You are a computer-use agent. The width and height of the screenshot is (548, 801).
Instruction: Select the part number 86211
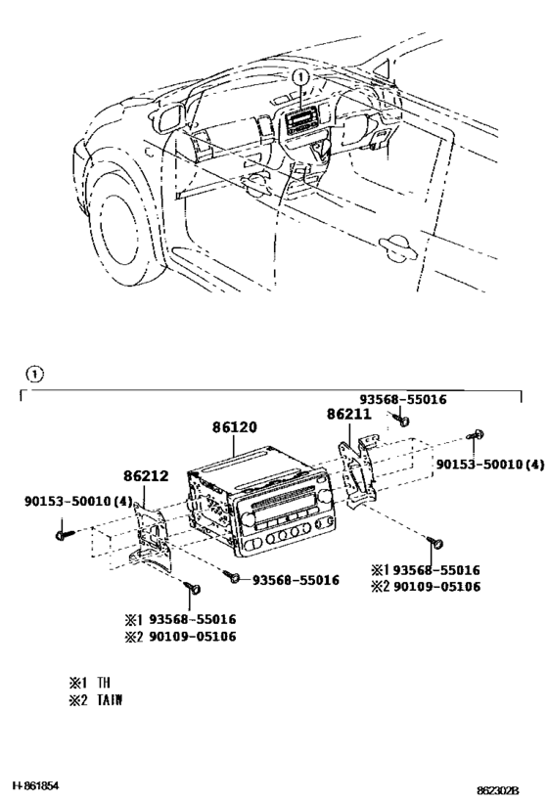tap(347, 415)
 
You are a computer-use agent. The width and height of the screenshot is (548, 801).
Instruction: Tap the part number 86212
tap(147, 476)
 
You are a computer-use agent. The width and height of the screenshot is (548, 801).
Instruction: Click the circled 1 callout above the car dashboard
tap(301, 76)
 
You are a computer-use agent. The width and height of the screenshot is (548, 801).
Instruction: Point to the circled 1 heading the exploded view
tap(34, 373)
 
